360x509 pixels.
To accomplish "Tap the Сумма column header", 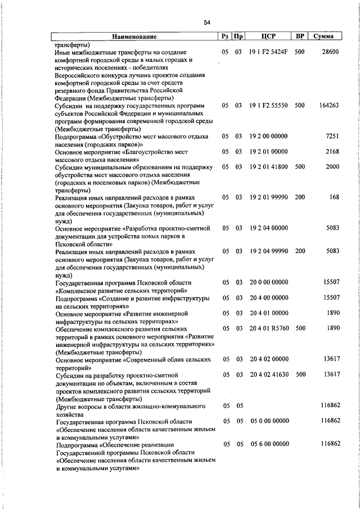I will tap(324, 37).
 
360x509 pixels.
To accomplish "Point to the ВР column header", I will tap(300, 37).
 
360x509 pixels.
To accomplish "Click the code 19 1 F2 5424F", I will tap(269, 52).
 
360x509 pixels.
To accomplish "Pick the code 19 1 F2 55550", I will tap(269, 105).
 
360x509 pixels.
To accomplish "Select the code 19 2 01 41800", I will tap(269, 167).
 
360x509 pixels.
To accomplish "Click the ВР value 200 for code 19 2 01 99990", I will tap(299, 197).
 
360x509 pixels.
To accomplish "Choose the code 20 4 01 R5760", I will tap(269, 328).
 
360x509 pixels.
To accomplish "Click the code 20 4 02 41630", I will tap(269, 374).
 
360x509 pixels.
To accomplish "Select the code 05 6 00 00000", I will tap(269, 444).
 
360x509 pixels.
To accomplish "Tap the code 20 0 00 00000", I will tap(269, 282).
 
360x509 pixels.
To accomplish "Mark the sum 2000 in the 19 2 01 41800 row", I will tap(332, 167).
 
